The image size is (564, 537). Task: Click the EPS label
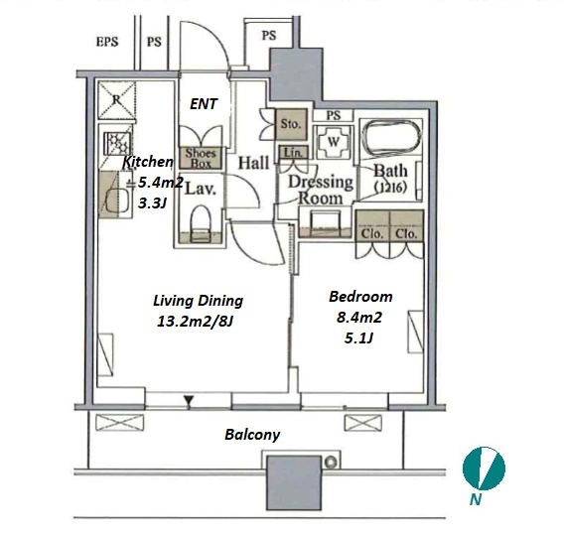point(107,42)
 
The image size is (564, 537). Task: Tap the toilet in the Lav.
point(200,223)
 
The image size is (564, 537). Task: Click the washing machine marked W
point(333,142)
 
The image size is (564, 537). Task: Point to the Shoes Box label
point(201,158)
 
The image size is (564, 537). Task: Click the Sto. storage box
point(291,124)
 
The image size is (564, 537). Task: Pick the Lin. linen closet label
point(294,153)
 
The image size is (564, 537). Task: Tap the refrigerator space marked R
point(116,100)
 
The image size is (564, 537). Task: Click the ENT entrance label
point(204,104)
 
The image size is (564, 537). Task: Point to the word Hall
point(253,163)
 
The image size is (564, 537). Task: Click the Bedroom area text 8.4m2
point(359,318)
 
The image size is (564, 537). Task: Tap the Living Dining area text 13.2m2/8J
point(196,322)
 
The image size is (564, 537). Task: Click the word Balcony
point(252,435)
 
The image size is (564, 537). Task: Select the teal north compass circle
point(484,469)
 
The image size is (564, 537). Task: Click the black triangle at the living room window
point(189,401)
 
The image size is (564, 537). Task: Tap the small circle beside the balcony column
point(331,463)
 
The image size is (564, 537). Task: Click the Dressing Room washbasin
point(325,223)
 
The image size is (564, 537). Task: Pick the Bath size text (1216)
point(390,188)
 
